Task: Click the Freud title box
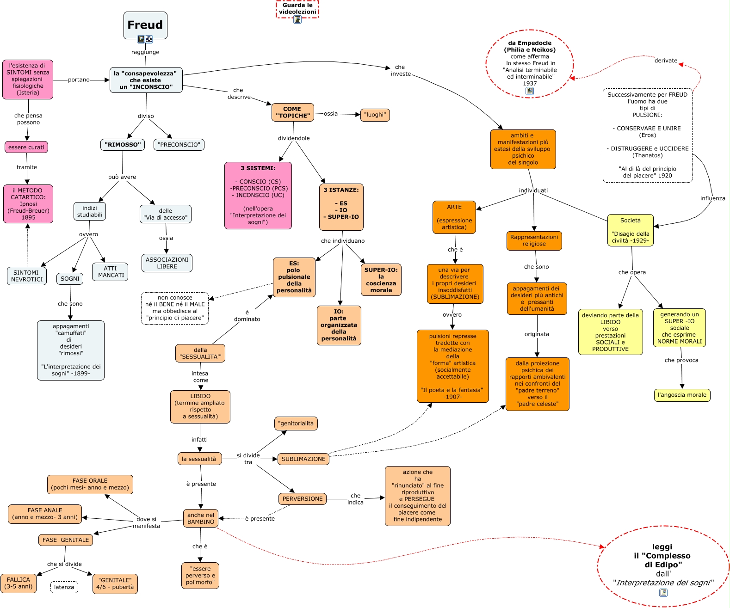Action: point(145,25)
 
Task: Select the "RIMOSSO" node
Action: point(123,145)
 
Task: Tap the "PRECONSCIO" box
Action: point(179,145)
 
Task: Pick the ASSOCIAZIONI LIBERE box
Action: point(167,263)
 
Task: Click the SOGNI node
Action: point(70,278)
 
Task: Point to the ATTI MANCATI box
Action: point(110,272)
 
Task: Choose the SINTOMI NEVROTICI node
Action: point(27,276)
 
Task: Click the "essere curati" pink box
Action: point(26,147)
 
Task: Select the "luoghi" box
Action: point(375,115)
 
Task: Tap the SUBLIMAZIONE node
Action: point(303,459)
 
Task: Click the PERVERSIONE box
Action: point(303,499)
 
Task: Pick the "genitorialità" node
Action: point(296,423)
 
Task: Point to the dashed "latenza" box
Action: point(64,587)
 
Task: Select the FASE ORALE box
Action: point(90,484)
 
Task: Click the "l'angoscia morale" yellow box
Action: point(682,395)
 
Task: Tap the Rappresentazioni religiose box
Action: point(534,240)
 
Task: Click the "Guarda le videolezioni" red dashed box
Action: point(297,9)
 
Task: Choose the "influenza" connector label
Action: point(712,198)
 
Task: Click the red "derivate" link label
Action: point(666,61)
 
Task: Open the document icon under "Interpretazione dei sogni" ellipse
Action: point(663,593)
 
